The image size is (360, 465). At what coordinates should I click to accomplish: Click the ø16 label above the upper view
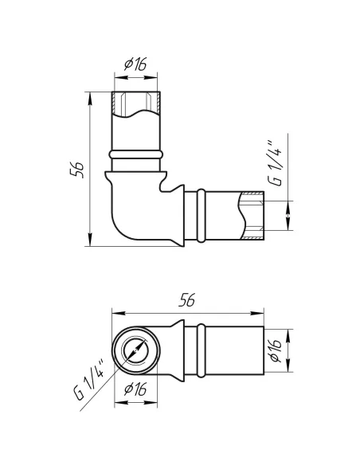click(135, 64)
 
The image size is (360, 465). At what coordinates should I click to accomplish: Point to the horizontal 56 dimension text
click(187, 300)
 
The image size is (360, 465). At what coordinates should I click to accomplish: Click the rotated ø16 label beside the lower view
click(276, 350)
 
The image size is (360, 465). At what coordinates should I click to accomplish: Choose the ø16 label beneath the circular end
click(135, 389)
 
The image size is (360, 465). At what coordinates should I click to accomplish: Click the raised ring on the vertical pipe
click(136, 154)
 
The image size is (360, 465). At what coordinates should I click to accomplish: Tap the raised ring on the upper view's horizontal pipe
click(202, 215)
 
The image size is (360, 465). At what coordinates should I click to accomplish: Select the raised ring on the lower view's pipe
click(202, 350)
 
